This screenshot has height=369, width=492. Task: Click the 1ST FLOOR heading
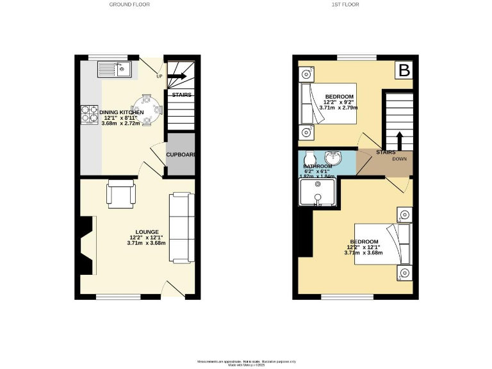pos(345,4)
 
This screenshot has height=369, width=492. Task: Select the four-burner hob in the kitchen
pos(88,114)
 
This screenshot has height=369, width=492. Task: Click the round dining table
pos(147,111)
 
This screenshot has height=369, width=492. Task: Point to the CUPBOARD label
pos(180,154)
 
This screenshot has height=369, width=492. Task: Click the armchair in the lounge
pos(120,193)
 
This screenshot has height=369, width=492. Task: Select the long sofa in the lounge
pos(181,227)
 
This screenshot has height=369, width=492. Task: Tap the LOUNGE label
pos(147,232)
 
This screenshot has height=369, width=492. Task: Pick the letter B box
pos(404,70)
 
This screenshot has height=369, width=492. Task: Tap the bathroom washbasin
pos(332,158)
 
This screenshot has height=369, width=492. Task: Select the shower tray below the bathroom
pos(317,192)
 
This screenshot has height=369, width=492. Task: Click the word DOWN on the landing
pos(399,160)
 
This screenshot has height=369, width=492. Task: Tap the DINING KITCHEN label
pos(121,112)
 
